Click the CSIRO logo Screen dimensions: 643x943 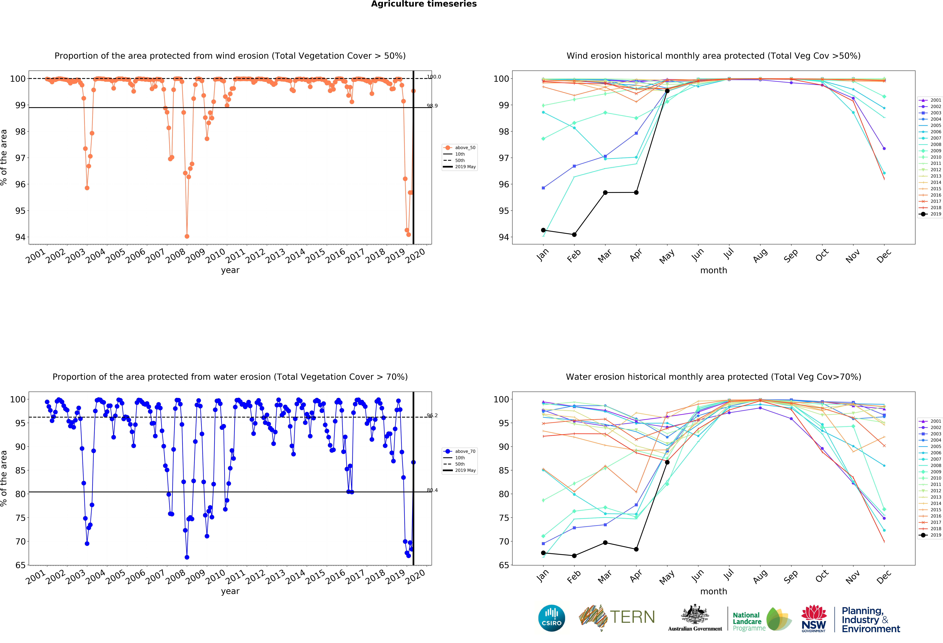coord(551,618)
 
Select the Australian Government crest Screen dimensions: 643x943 coord(695,614)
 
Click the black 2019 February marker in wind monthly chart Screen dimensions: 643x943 coord(574,235)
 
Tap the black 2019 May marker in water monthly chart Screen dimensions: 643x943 coord(667,462)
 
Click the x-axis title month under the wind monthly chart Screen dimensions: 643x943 coord(713,270)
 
